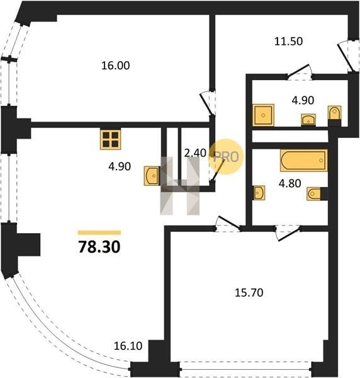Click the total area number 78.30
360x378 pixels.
pyautogui.click(x=99, y=247)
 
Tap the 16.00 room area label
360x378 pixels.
pyautogui.click(x=115, y=66)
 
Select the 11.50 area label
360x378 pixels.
pyautogui.click(x=288, y=41)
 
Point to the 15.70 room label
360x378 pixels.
pyautogui.click(x=249, y=293)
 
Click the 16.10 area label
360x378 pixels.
pyautogui.click(x=128, y=346)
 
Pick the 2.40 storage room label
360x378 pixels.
pyautogui.click(x=195, y=153)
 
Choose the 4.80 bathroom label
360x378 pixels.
pyautogui.click(x=290, y=183)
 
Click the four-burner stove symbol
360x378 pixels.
pyautogui.click(x=111, y=140)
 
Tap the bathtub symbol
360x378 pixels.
pyautogui.click(x=303, y=160)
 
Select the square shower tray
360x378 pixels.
pyautogui.click(x=263, y=115)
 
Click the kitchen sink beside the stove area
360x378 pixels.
pyautogui.click(x=152, y=176)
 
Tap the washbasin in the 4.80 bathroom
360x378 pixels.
pyautogui.click(x=259, y=193)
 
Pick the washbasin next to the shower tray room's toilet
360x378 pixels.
pyautogui.click(x=308, y=120)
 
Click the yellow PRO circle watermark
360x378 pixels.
pyautogui.click(x=226, y=157)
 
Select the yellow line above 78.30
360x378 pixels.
pyautogui.click(x=99, y=232)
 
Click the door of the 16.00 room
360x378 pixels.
pyautogui.click(x=206, y=104)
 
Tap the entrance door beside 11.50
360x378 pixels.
pyautogui.click(x=346, y=56)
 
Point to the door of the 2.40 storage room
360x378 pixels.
pyautogui.click(x=217, y=170)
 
